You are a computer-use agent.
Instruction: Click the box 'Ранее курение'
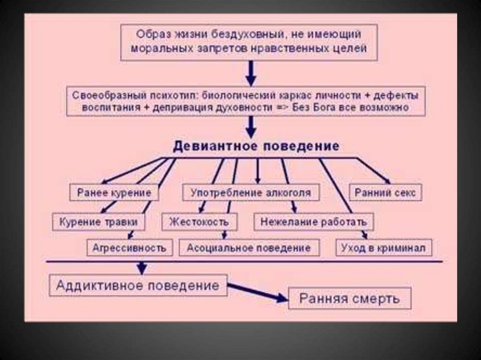114,193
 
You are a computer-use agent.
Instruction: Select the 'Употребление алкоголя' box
250,193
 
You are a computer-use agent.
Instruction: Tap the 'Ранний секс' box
385,193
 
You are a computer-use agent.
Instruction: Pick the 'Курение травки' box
99,222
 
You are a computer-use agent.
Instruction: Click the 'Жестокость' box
199,222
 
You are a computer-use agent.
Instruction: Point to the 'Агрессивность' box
129,247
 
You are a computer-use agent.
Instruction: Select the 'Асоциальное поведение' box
248,247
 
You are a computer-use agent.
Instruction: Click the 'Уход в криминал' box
384,247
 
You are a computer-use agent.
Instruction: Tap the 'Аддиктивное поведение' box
138,285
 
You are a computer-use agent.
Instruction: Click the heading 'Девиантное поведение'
256,146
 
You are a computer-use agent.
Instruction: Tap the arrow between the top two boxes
251,72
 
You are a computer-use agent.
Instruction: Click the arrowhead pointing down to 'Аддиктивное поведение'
141,268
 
